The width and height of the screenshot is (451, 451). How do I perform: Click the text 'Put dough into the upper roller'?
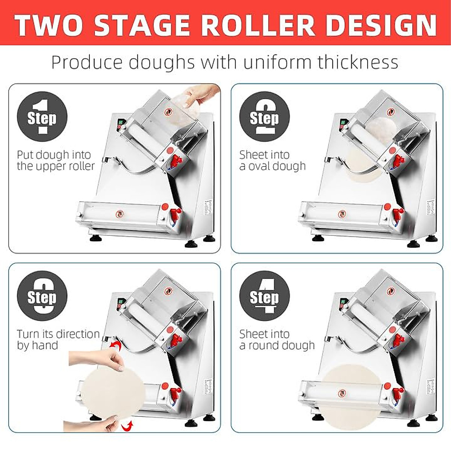[x=56, y=160]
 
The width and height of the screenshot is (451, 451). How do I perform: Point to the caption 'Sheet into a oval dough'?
[x=272, y=160]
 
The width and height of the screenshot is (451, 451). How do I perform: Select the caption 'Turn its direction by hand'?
[x=58, y=339]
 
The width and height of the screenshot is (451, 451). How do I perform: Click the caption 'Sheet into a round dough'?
[x=277, y=339]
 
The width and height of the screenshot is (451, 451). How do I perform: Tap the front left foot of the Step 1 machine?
[x=94, y=238]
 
